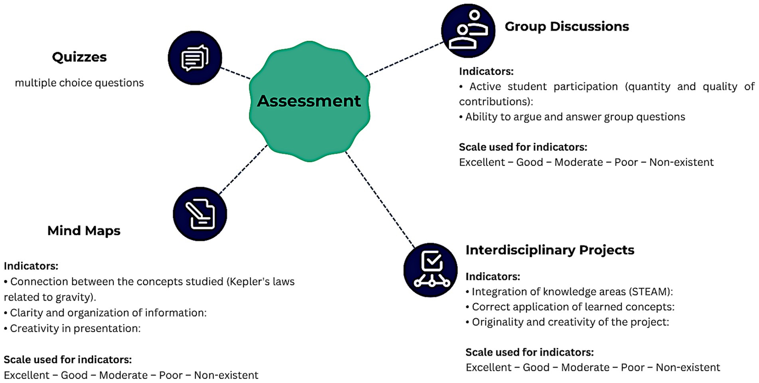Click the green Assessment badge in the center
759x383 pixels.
click(x=309, y=101)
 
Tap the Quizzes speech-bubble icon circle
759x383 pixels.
click(x=195, y=58)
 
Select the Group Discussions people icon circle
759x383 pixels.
click(x=468, y=31)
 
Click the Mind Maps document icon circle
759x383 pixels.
click(x=200, y=214)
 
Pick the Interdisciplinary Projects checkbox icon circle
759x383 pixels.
click(x=430, y=270)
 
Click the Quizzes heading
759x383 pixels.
click(x=79, y=57)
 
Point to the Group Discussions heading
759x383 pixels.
click(x=567, y=26)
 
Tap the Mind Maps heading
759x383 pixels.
click(x=84, y=231)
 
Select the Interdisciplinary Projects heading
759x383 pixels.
click(x=549, y=250)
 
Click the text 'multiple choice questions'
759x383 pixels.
click(x=79, y=83)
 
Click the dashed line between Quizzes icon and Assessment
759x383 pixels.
click(x=235, y=73)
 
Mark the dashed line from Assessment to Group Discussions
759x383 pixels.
click(x=404, y=59)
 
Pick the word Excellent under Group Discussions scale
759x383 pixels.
click(x=482, y=163)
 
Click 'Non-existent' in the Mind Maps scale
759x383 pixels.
click(x=226, y=375)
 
